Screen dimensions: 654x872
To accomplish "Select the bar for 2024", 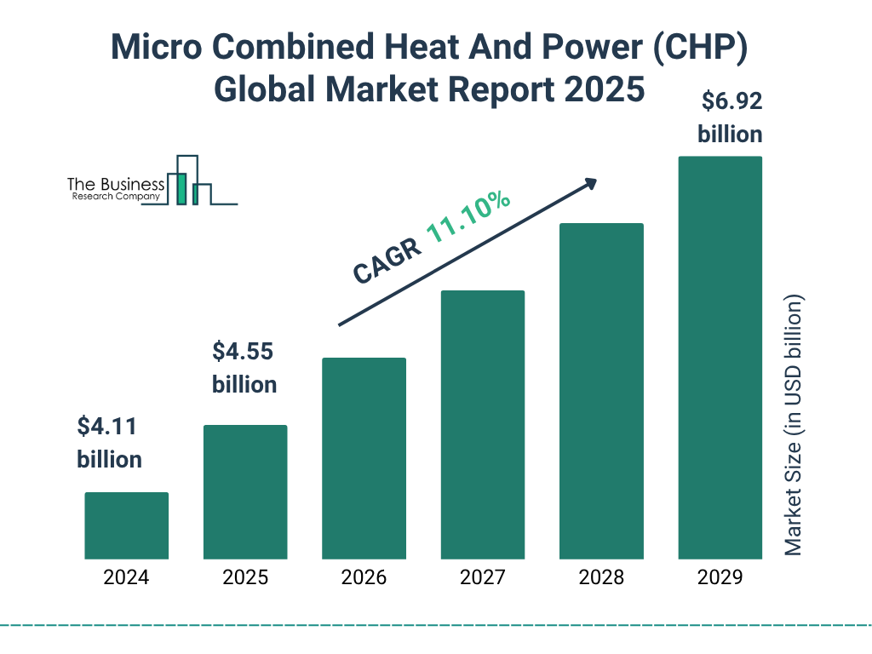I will [x=126, y=525].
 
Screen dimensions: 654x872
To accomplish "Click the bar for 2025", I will [x=245, y=491].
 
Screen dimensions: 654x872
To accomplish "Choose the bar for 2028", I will [x=601, y=391].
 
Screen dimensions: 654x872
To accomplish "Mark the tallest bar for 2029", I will [x=720, y=358].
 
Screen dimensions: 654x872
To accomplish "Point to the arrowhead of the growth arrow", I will [x=589, y=183].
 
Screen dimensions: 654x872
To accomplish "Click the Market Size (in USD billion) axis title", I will [x=794, y=426].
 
